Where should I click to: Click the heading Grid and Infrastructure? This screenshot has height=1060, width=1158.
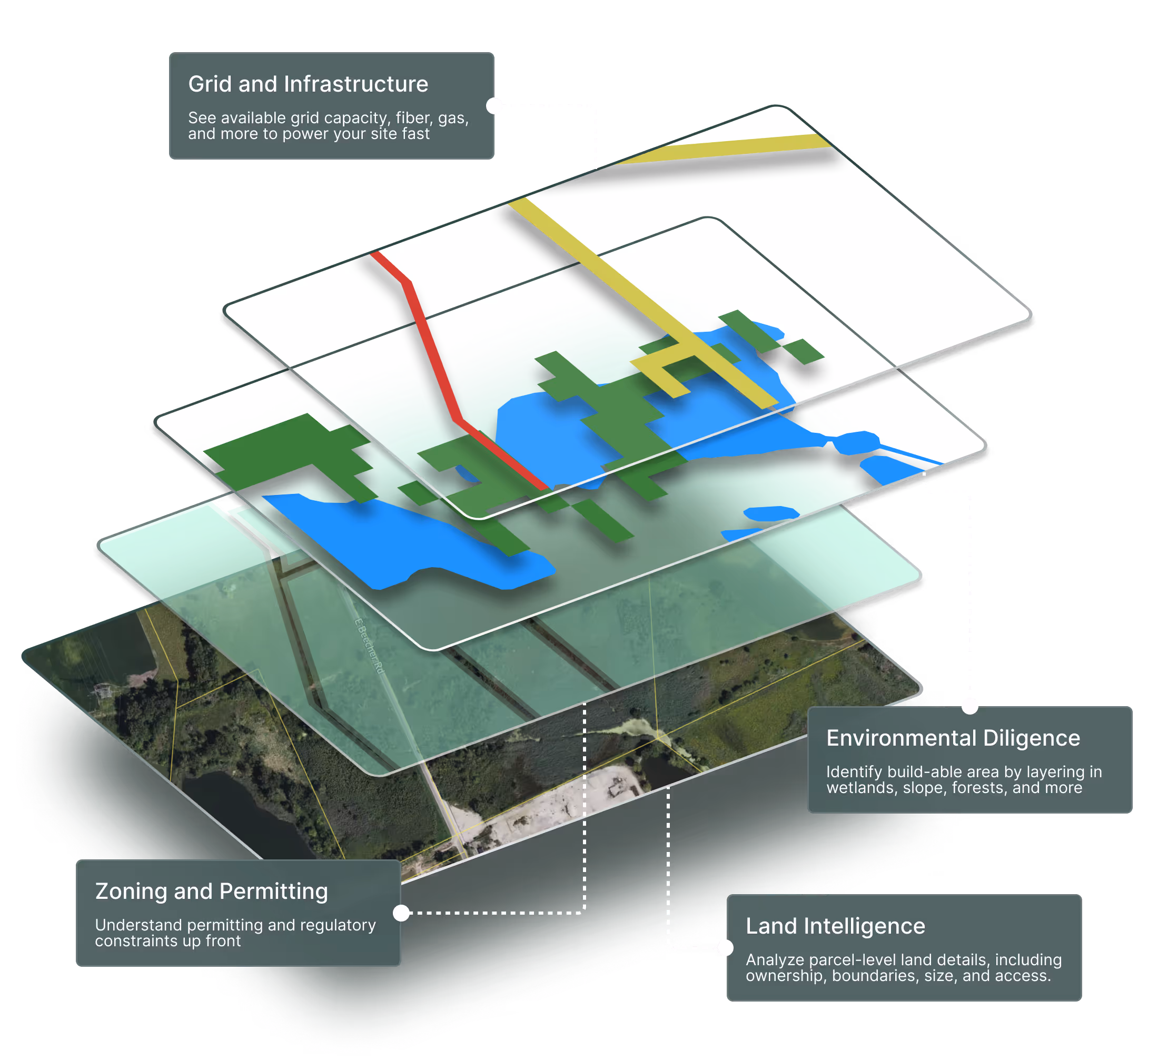308,84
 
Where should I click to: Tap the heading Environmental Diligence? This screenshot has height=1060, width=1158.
953,738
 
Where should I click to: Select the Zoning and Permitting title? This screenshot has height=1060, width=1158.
211,891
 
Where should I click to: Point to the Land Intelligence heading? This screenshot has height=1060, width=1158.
835,926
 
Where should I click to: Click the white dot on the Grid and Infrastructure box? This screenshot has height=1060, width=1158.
494,106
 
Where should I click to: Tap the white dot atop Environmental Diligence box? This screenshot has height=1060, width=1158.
969,706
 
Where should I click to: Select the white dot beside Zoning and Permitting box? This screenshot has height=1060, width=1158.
401,913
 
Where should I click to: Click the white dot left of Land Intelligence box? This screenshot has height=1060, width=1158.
726,948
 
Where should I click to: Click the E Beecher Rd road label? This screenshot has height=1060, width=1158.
369,645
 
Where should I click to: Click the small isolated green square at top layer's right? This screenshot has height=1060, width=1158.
804,351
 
